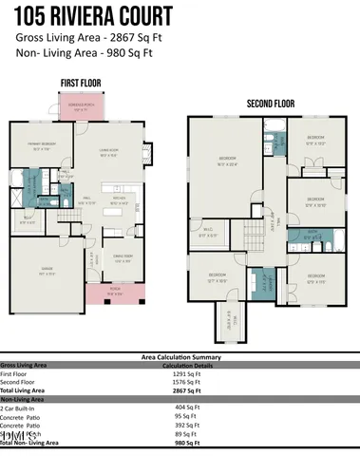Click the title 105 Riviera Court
coord(93,16)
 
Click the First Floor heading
coord(80,83)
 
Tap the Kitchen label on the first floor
coord(121,199)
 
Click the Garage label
coord(39,274)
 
